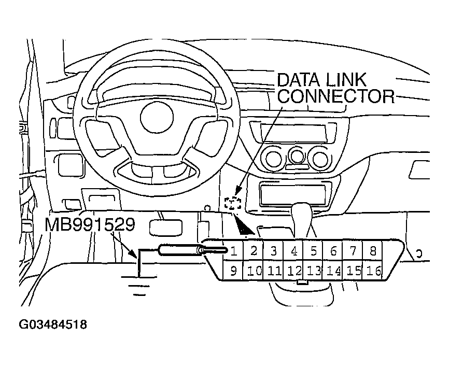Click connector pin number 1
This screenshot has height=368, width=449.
(x=234, y=252)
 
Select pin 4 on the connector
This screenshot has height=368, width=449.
(x=294, y=252)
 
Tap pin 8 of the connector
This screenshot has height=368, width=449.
(x=372, y=252)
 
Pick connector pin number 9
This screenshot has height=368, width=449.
(x=233, y=271)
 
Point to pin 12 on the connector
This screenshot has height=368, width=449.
(x=294, y=271)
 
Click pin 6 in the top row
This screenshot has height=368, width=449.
(x=333, y=252)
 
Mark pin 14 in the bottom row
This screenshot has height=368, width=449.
(x=334, y=271)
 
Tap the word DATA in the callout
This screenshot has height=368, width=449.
(x=300, y=80)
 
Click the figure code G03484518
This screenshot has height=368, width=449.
(x=52, y=325)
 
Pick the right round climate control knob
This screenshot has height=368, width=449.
(x=319, y=158)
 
